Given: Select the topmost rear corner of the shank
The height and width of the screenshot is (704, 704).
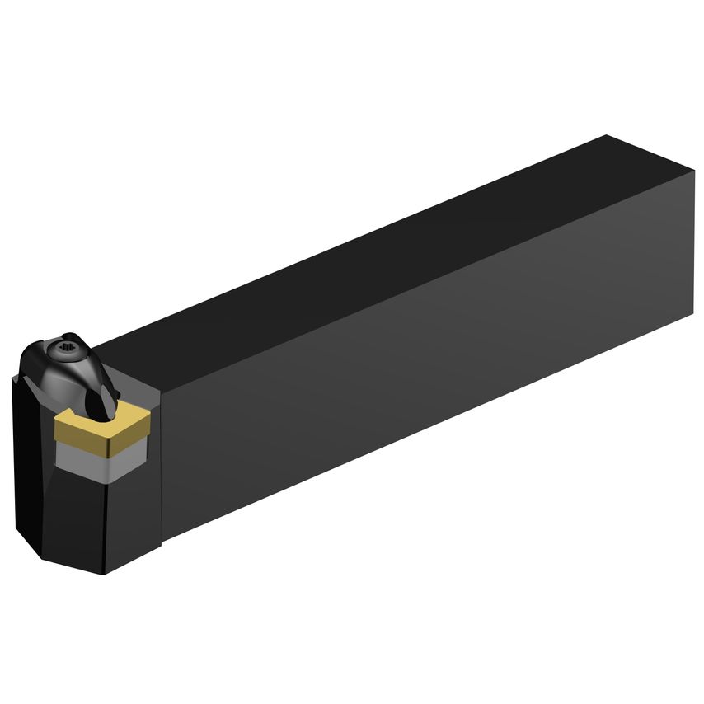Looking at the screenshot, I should (607, 135).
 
